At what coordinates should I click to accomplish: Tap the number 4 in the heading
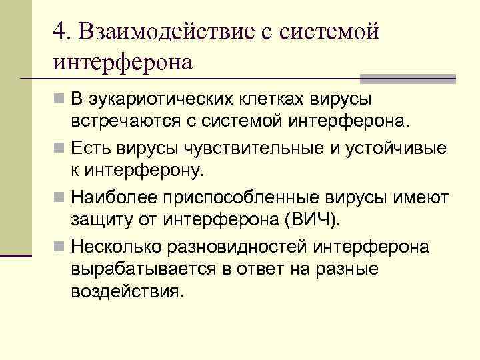point(59,31)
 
